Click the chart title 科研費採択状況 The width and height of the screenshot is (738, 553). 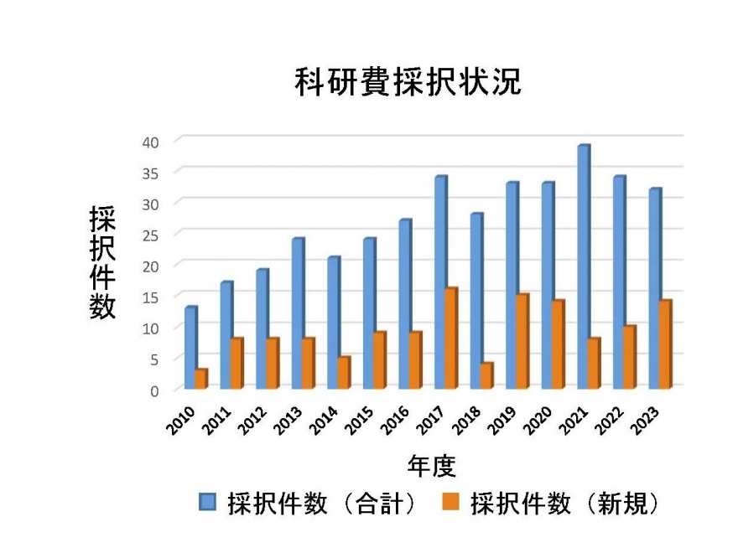[408, 82]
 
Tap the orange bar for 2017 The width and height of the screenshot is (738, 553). [450, 339]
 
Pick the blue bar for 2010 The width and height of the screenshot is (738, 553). [190, 348]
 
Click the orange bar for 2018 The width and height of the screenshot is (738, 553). [486, 376]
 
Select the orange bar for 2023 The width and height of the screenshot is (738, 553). [665, 344]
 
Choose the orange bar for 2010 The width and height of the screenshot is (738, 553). [200, 379]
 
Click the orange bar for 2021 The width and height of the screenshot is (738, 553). [594, 364]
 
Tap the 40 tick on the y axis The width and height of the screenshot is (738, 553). [150, 141]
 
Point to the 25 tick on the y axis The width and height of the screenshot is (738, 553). [150, 234]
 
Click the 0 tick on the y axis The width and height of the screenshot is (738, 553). [154, 390]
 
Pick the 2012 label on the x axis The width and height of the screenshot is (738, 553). [255, 421]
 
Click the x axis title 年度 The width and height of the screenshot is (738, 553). [431, 465]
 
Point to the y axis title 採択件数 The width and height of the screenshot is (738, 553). [102, 262]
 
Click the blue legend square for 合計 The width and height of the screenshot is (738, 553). [208, 503]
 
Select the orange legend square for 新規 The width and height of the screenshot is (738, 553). [451, 503]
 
